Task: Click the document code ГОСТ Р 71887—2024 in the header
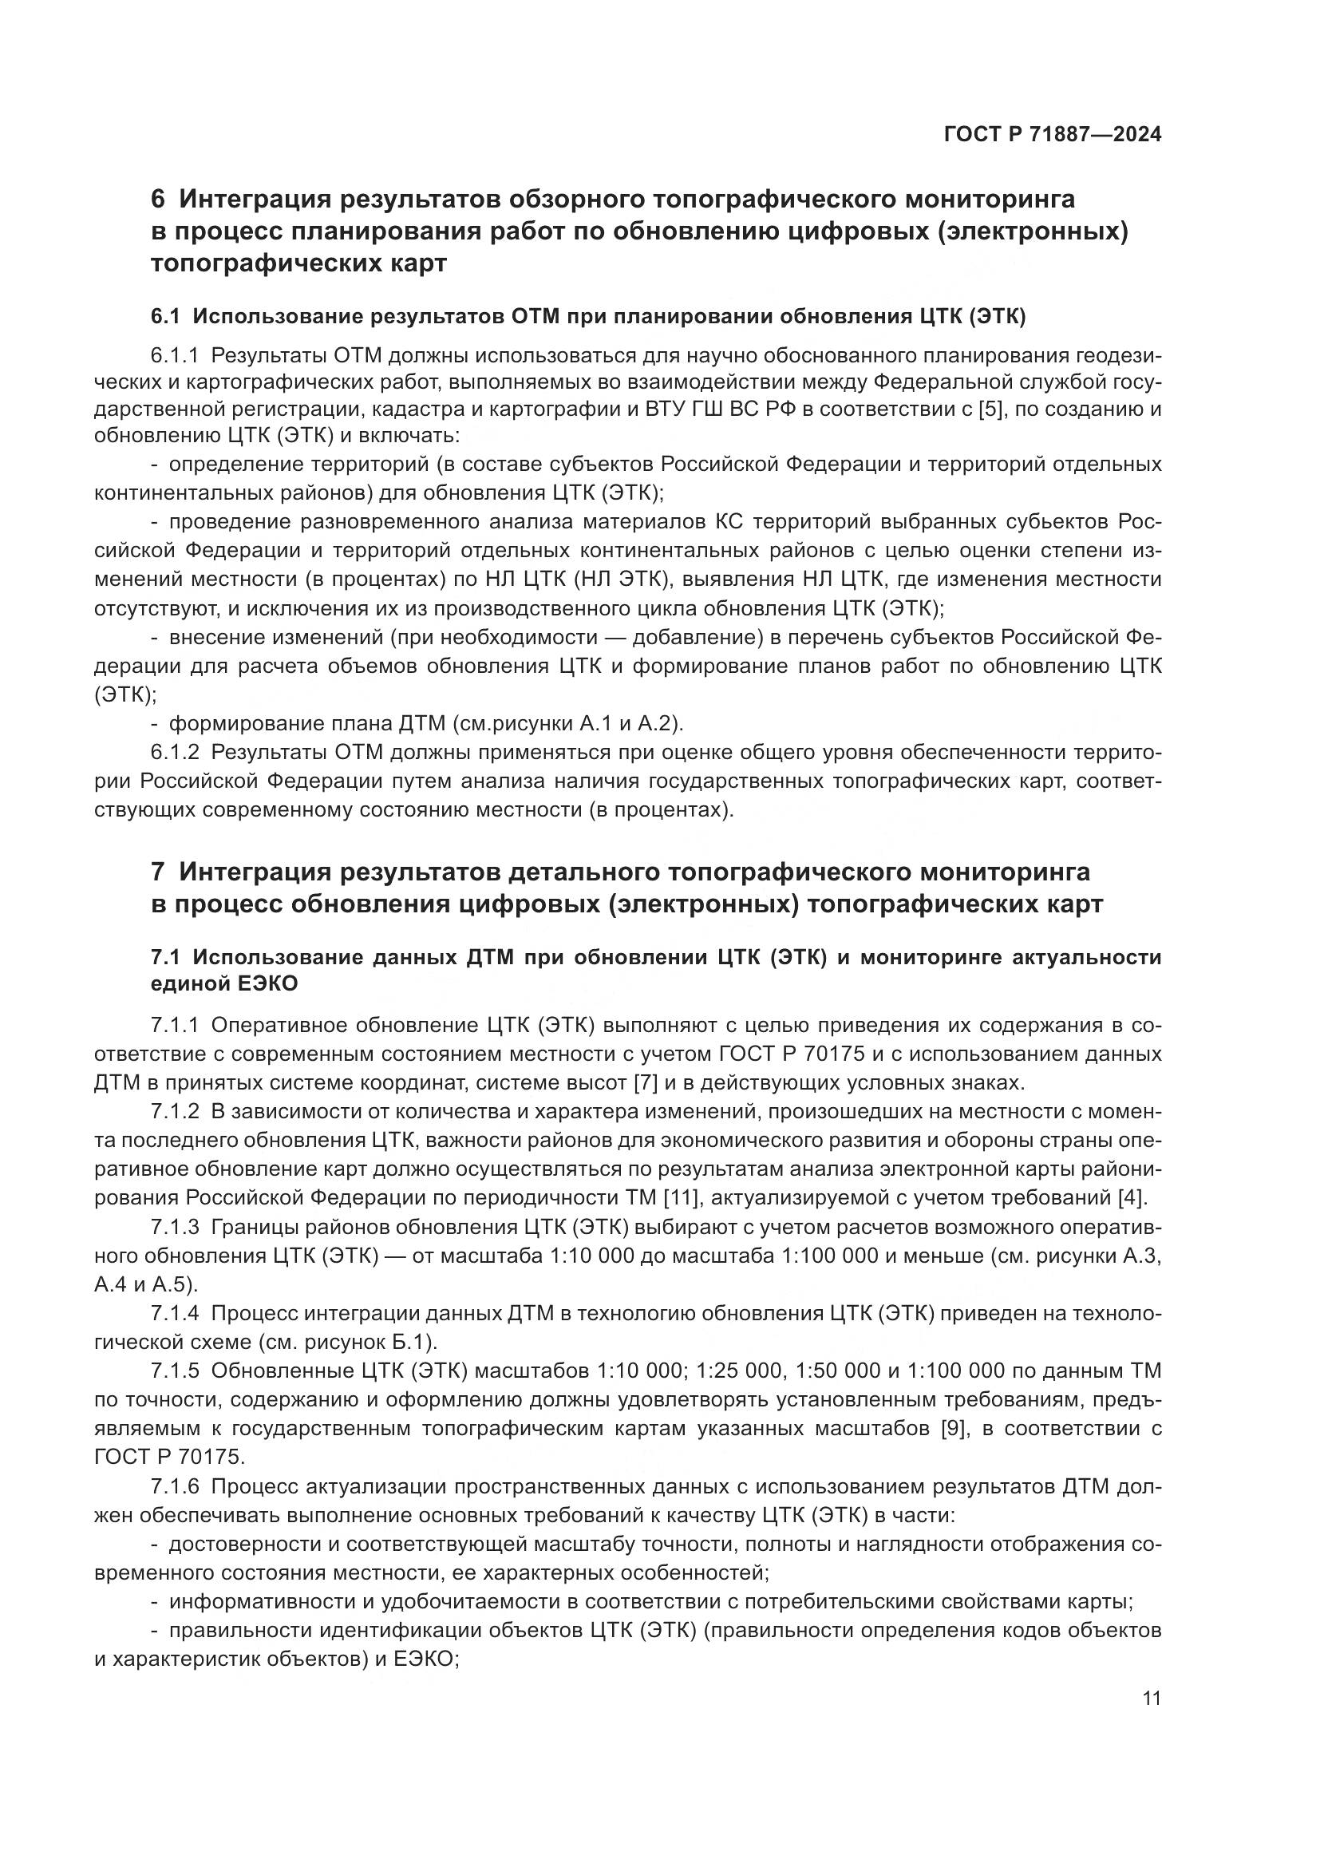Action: tap(1052, 134)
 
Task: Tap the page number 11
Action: tap(1151, 1698)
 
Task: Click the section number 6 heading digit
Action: tap(159, 199)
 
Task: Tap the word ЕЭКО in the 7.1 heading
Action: tap(267, 984)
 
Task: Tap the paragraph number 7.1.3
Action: tap(175, 1226)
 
